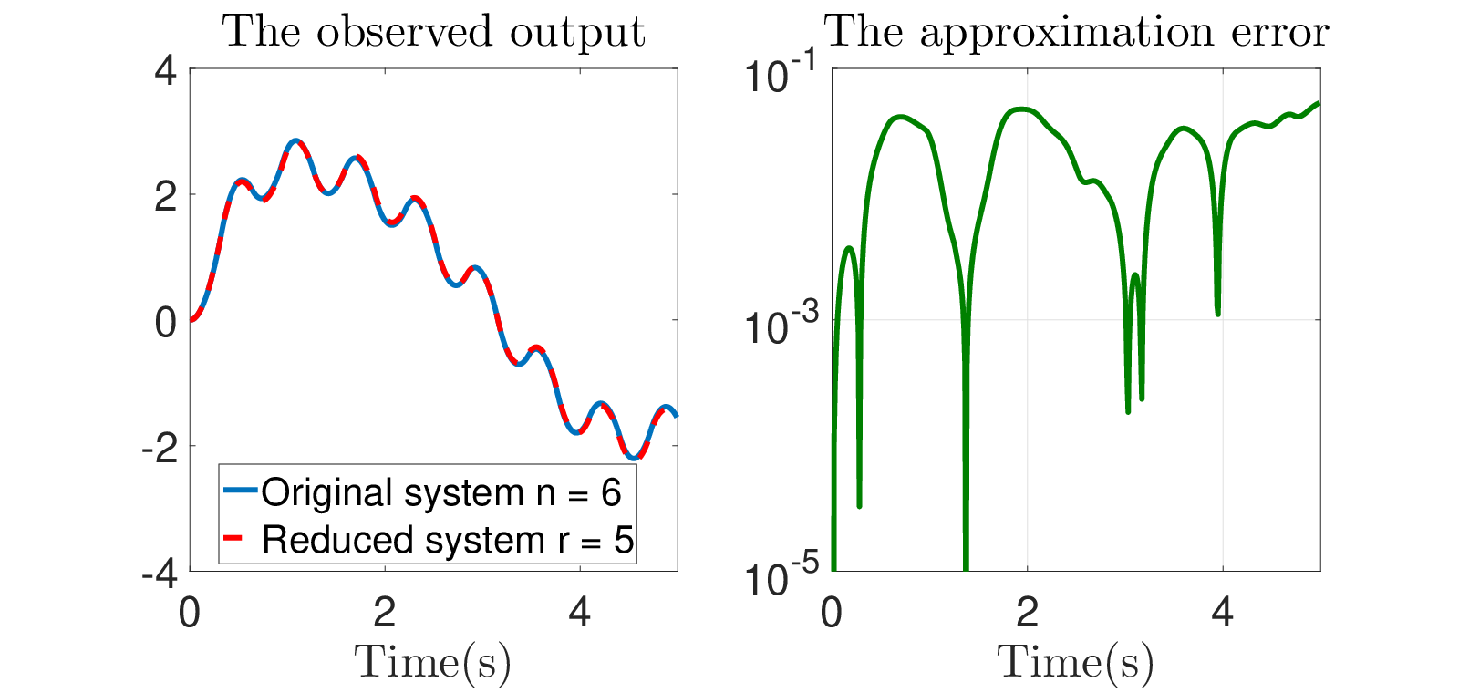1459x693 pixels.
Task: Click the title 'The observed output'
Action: (x=434, y=31)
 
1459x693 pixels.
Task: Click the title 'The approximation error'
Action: (x=1076, y=31)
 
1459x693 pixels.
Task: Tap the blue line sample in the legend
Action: (x=241, y=491)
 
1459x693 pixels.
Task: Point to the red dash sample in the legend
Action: (x=233, y=538)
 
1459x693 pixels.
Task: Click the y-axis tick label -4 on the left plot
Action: (x=160, y=574)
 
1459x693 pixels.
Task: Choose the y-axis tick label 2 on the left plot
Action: (x=165, y=196)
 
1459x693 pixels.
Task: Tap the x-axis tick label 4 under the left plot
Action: (x=580, y=612)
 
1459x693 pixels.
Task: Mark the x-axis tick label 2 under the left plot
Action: (x=385, y=612)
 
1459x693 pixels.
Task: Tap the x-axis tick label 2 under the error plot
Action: (x=1027, y=612)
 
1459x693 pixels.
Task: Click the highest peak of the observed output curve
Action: (x=295, y=140)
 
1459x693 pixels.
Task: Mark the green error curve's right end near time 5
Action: (x=1319, y=103)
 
